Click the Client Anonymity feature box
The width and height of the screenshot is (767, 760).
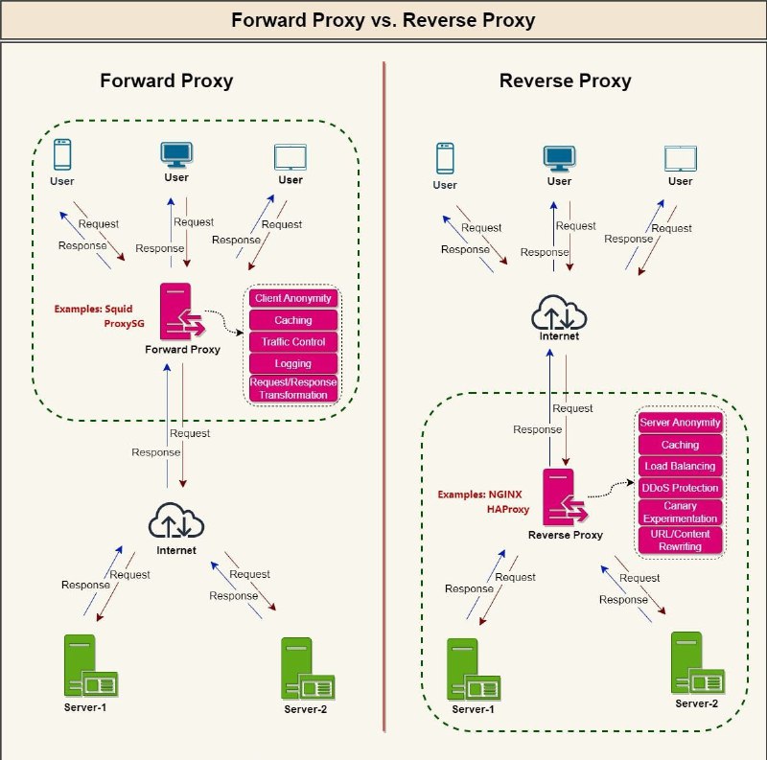coord(293,298)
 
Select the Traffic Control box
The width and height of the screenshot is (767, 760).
coord(293,342)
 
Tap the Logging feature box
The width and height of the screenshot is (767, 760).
coord(293,363)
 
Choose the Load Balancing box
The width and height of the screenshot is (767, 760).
coord(680,466)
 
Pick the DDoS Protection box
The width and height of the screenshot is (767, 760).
coord(680,488)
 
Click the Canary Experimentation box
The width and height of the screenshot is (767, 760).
coord(680,512)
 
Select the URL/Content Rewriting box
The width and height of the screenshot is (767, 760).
coord(680,540)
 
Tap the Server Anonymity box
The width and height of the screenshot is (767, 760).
coord(680,423)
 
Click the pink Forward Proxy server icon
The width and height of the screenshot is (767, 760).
coord(182,311)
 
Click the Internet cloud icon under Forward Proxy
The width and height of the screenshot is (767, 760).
coord(176,520)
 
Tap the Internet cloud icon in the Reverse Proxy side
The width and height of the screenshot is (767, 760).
coord(559,312)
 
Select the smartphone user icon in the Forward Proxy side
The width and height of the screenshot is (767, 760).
coord(62,154)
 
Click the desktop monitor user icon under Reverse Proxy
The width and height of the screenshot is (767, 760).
coord(559,158)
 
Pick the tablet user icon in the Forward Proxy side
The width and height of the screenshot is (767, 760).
coord(291,157)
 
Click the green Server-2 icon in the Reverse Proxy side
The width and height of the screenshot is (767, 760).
coord(697,663)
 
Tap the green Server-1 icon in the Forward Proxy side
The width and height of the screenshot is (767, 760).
coord(91,666)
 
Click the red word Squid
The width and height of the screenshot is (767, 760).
coord(119,309)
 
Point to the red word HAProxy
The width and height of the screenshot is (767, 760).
coord(508,509)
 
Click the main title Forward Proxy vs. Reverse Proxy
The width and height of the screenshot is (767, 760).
coord(383,20)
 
